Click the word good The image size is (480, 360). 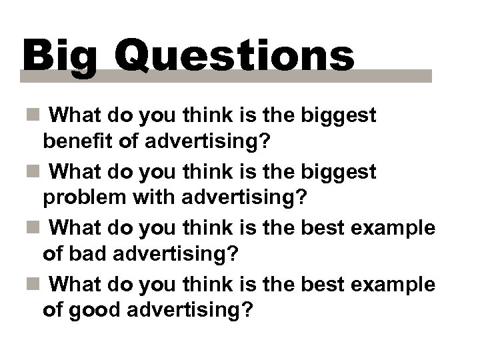(x=97, y=311)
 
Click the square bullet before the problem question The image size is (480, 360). (x=33, y=173)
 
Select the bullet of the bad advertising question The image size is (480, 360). (x=33, y=229)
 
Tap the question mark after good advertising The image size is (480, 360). (x=250, y=311)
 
